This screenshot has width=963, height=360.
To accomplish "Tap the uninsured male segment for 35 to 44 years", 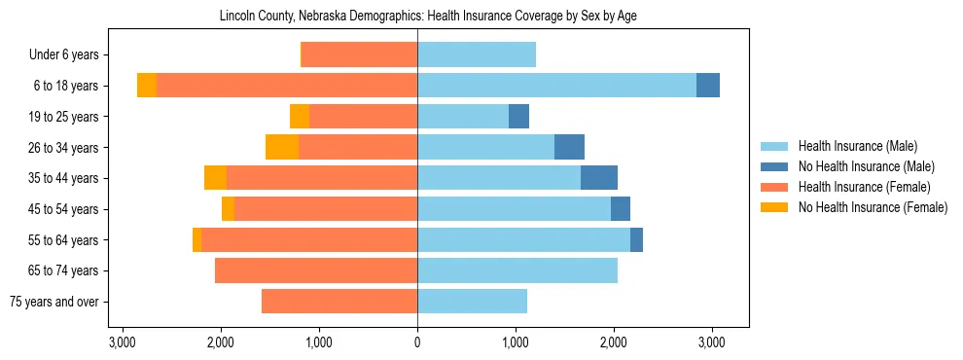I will pyautogui.click(x=598, y=178).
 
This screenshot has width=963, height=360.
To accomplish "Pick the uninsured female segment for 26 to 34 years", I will pyautogui.click(x=282, y=147).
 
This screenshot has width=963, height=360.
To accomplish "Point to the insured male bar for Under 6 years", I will pyautogui.click(x=476, y=54).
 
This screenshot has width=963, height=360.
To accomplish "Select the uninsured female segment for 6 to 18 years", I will pyautogui.click(x=147, y=86).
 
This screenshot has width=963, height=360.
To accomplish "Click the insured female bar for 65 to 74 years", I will pyautogui.click(x=315, y=270).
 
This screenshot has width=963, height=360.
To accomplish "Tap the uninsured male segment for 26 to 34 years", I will pyautogui.click(x=569, y=147).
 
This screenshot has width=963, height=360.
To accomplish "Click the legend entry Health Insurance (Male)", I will pyautogui.click(x=857, y=146).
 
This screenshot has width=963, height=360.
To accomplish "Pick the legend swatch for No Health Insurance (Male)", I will pyautogui.click(x=774, y=166).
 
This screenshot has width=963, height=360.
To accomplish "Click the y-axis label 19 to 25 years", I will pyautogui.click(x=65, y=117).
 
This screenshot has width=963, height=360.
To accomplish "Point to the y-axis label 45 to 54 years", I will pyautogui.click(x=65, y=209).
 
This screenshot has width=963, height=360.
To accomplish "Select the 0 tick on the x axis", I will pyautogui.click(x=417, y=342).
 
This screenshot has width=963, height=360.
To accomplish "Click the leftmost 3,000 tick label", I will pyautogui.click(x=122, y=342).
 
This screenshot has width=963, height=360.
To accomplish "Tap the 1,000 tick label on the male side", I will pyautogui.click(x=516, y=342).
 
